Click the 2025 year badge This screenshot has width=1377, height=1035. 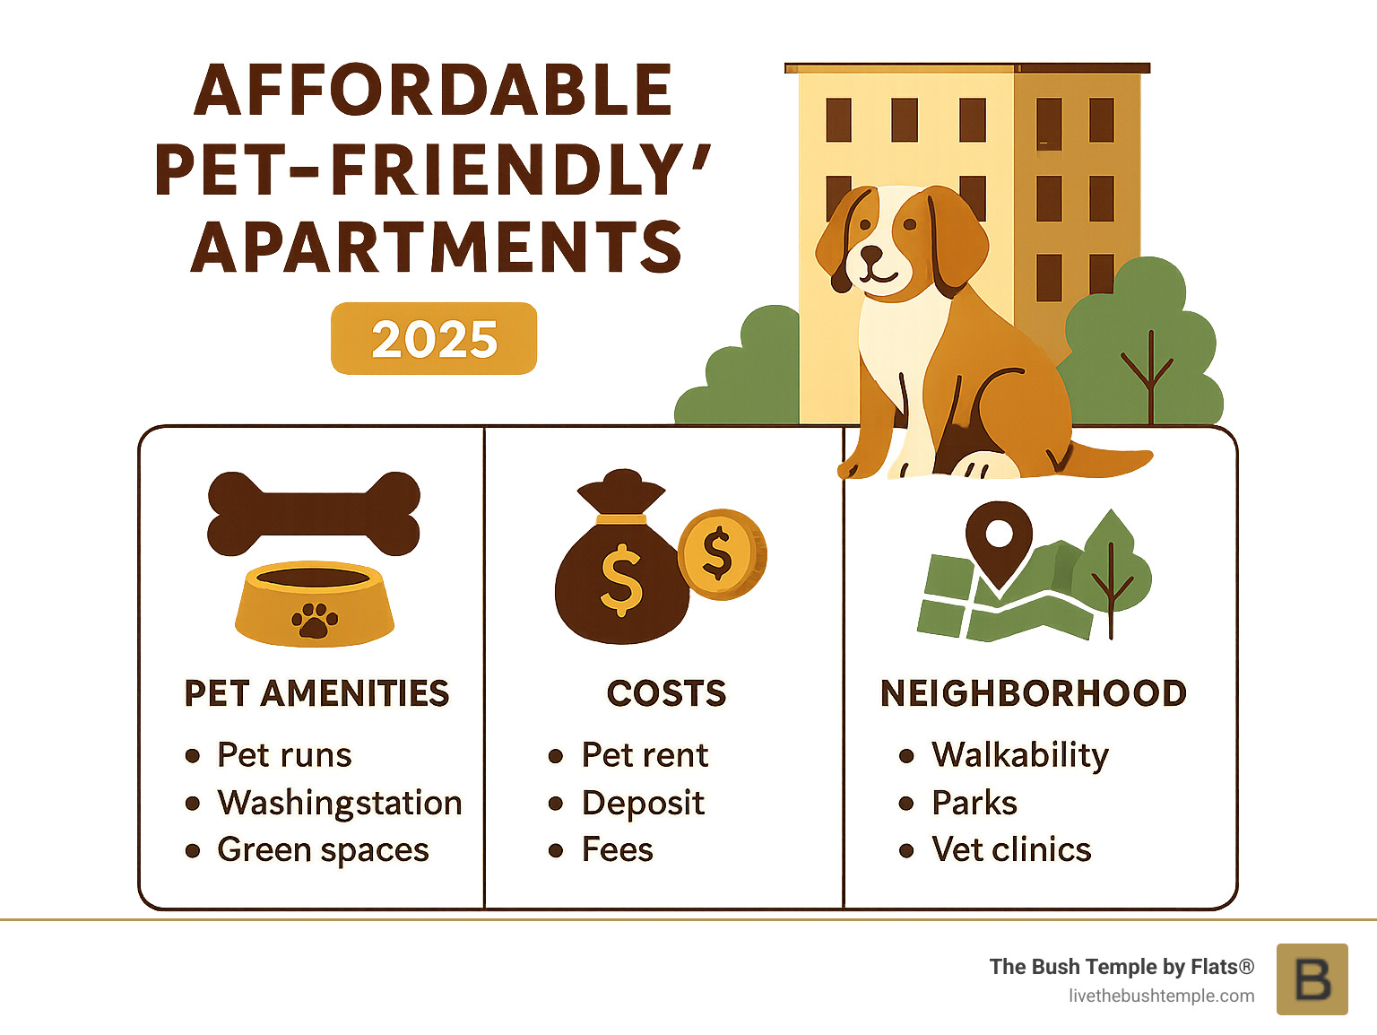[x=434, y=339]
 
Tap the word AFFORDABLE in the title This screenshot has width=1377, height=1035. [x=433, y=91]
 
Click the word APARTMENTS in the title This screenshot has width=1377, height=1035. [x=437, y=248]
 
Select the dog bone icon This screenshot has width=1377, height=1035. [x=314, y=513]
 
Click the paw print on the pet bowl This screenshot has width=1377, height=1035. [x=314, y=620]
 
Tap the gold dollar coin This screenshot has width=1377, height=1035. [x=720, y=554]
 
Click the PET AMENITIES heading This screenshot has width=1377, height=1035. [x=316, y=693]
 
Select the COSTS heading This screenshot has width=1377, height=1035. [x=666, y=693]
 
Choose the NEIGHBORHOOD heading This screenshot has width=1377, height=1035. [x=1034, y=693]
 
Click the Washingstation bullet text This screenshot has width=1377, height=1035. [x=339, y=803]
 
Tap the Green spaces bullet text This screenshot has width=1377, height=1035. [x=323, y=849]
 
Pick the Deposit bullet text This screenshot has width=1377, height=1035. [x=643, y=803]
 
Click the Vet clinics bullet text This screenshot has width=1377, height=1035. [x=1011, y=849]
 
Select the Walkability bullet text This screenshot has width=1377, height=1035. [x=1020, y=755]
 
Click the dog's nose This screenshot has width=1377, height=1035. [x=871, y=254]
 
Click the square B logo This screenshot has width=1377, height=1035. [x=1312, y=978]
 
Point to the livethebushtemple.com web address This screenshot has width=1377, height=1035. [x=1161, y=996]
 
